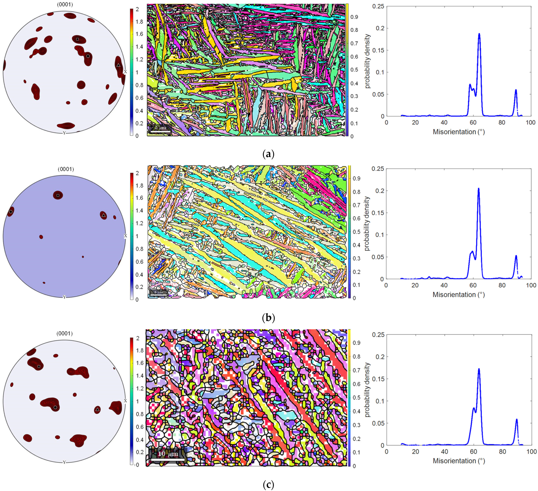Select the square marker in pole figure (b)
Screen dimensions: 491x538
tap(58, 195)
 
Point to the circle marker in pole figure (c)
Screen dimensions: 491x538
tap(55, 408)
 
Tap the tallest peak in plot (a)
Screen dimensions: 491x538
tap(479, 34)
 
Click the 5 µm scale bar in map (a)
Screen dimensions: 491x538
tap(160, 128)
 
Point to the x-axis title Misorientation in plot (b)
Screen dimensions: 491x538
tap(459, 295)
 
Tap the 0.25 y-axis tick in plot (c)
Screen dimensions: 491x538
tap(378, 335)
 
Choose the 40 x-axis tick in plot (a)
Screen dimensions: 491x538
tap(444, 122)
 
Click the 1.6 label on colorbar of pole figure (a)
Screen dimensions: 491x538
tap(139, 34)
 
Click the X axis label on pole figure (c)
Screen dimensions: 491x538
tap(125, 401)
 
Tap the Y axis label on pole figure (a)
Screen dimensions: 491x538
tap(64, 133)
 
